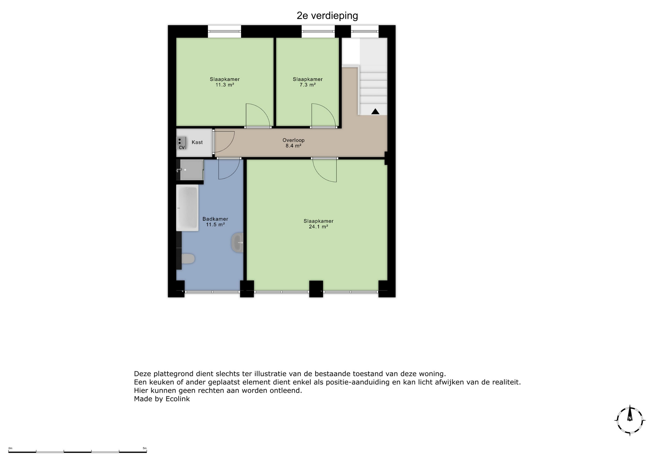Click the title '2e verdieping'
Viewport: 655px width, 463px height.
click(327, 16)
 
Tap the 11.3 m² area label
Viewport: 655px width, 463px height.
click(225, 85)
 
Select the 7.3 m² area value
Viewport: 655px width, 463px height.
click(308, 85)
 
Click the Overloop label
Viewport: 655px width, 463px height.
click(293, 140)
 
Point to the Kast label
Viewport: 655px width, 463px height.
click(197, 142)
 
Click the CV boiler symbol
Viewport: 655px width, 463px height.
click(181, 143)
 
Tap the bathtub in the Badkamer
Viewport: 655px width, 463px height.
click(187, 208)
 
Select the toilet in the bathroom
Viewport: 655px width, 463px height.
click(188, 259)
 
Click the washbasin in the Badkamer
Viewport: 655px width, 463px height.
click(237, 242)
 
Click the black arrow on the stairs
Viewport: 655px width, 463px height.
click(375, 111)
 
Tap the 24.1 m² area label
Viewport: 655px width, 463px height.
click(319, 227)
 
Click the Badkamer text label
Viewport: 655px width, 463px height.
click(215, 219)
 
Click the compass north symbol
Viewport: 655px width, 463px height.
click(630, 420)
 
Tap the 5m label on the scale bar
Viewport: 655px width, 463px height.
click(145, 448)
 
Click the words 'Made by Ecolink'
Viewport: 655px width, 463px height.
click(162, 399)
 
